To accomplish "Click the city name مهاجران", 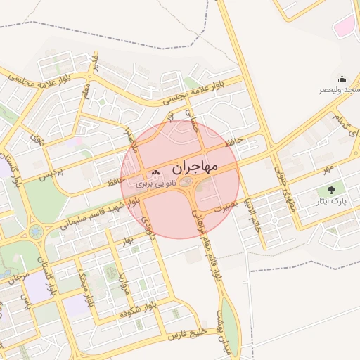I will tap(195, 167).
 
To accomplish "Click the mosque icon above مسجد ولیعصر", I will tap(342, 79).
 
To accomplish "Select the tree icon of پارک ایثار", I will tap(330, 190).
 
